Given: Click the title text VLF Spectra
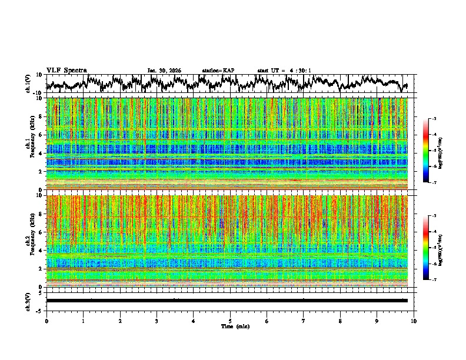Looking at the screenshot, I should pos(66,70).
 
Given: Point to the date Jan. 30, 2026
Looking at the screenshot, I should pos(164,71).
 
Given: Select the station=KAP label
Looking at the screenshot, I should pos(218,71).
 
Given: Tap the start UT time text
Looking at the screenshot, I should pos(284,71).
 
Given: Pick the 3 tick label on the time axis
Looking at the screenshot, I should pos(157,321).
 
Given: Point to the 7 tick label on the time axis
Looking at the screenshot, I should pos(304,321).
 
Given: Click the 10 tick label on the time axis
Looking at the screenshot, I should pos(414,321).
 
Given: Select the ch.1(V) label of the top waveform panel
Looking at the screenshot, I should pos(28,84).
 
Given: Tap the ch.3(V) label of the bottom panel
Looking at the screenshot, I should pos(28,301).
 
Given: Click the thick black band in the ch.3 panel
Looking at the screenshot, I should pos(227,301).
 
